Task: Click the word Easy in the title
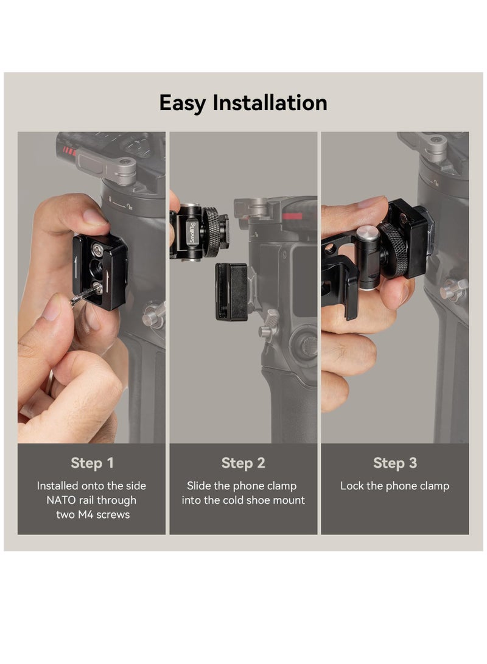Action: pos(183,103)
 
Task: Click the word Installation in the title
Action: pos(270,103)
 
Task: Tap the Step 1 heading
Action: pos(92,463)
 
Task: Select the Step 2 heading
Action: pos(243,463)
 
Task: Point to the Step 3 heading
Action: pos(395,463)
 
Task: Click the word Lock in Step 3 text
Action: pos(352,486)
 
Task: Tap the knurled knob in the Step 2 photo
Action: pos(213,232)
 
